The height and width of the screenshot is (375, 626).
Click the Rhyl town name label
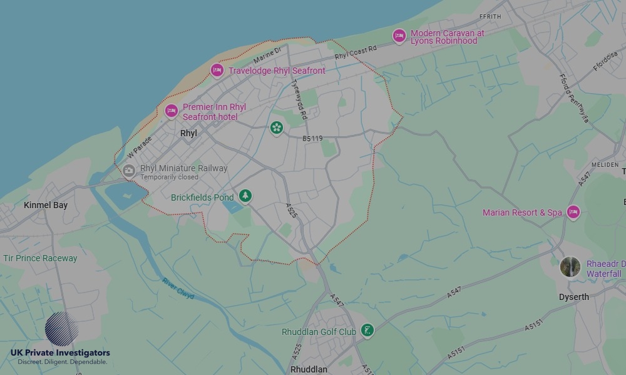click(x=188, y=133)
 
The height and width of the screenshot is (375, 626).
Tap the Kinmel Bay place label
click(x=45, y=205)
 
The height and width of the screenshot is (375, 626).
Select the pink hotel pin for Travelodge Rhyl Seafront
click(x=217, y=71)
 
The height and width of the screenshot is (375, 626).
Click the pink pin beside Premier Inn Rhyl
click(x=172, y=111)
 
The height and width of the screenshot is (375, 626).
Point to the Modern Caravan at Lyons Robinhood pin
click(x=399, y=36)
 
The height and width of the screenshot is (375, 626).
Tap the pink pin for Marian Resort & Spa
click(x=573, y=212)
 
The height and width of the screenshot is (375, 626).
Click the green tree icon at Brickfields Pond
click(x=245, y=196)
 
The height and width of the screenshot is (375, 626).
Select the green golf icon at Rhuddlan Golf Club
click(x=367, y=331)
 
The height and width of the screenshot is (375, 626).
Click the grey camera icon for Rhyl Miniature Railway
click(x=129, y=171)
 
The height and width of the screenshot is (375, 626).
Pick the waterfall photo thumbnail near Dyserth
click(x=570, y=267)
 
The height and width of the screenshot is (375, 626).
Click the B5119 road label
click(x=312, y=139)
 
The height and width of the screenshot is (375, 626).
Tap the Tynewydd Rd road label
click(x=299, y=100)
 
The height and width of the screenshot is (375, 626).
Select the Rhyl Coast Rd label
click(x=356, y=52)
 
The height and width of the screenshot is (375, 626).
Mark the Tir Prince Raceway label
click(x=40, y=258)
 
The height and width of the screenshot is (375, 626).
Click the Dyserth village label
click(x=573, y=297)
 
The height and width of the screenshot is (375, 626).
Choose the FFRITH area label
click(x=490, y=16)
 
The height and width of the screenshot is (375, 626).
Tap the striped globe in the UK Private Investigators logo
click(x=61, y=329)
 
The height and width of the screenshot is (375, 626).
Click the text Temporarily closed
click(x=169, y=177)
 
